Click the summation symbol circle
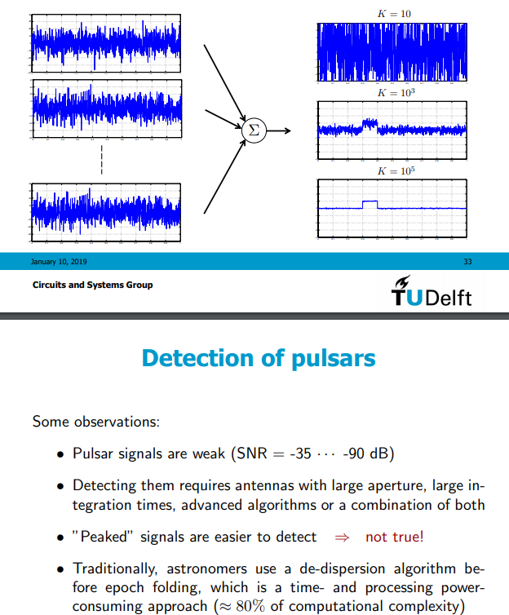(x=253, y=130)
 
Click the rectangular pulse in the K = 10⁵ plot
(x=370, y=204)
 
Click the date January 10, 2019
(x=60, y=262)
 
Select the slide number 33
(x=467, y=262)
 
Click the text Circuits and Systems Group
(x=92, y=285)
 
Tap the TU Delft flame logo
(x=402, y=292)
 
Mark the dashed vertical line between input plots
(x=101, y=161)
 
